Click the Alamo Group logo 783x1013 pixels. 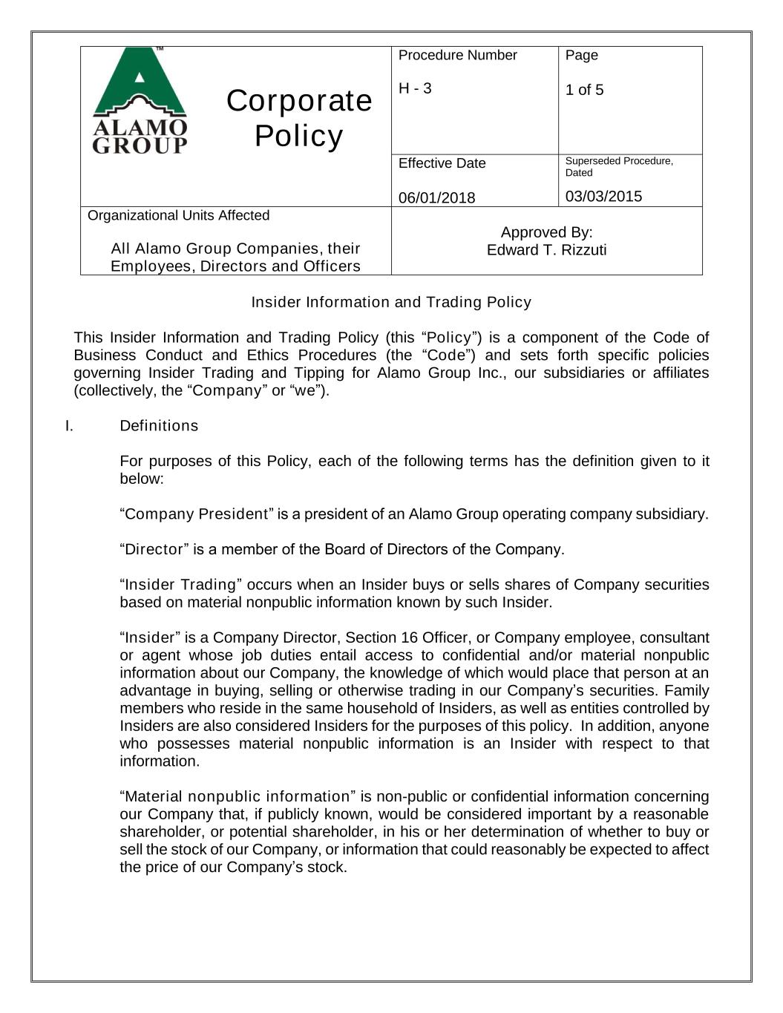[140, 100]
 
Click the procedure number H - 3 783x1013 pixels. [415, 88]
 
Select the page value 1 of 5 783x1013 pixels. [584, 90]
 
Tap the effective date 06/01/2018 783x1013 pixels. [436, 197]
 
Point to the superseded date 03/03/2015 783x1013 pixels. [603, 197]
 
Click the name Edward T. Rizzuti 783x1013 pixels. [546, 250]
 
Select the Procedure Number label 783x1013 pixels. [457, 56]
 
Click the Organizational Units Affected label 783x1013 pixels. [178, 216]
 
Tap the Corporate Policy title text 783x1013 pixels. [299, 118]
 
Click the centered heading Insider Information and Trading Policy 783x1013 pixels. [391, 302]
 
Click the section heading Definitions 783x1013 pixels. [159, 426]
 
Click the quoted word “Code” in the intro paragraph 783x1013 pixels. [450, 355]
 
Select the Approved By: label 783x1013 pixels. [546, 232]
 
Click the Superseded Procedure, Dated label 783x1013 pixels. [618, 167]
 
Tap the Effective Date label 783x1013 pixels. [442, 164]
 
